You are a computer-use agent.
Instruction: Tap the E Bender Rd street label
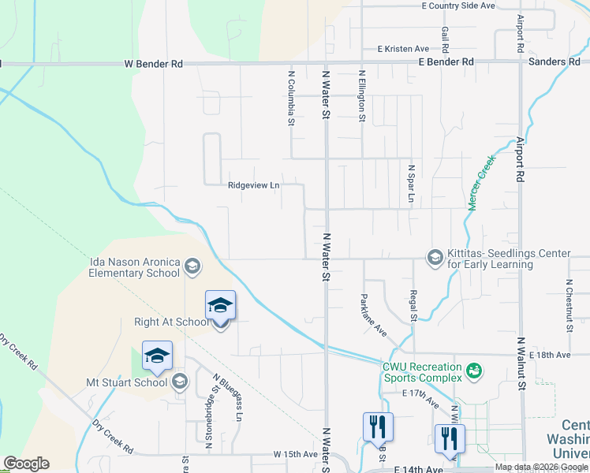point(446,61)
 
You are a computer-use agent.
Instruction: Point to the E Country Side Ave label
point(457,6)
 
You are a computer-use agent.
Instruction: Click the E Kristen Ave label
point(402,48)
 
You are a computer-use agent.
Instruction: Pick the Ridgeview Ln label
point(254,186)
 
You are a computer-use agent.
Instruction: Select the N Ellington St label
point(362,96)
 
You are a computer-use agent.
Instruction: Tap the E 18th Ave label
point(550,356)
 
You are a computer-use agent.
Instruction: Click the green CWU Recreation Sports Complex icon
point(474,370)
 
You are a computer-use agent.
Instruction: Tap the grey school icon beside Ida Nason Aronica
point(192,268)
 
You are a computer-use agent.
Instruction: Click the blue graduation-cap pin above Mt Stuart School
point(158,357)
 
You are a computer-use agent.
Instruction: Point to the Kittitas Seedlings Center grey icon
point(435,258)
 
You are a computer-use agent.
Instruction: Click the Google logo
point(26,464)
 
